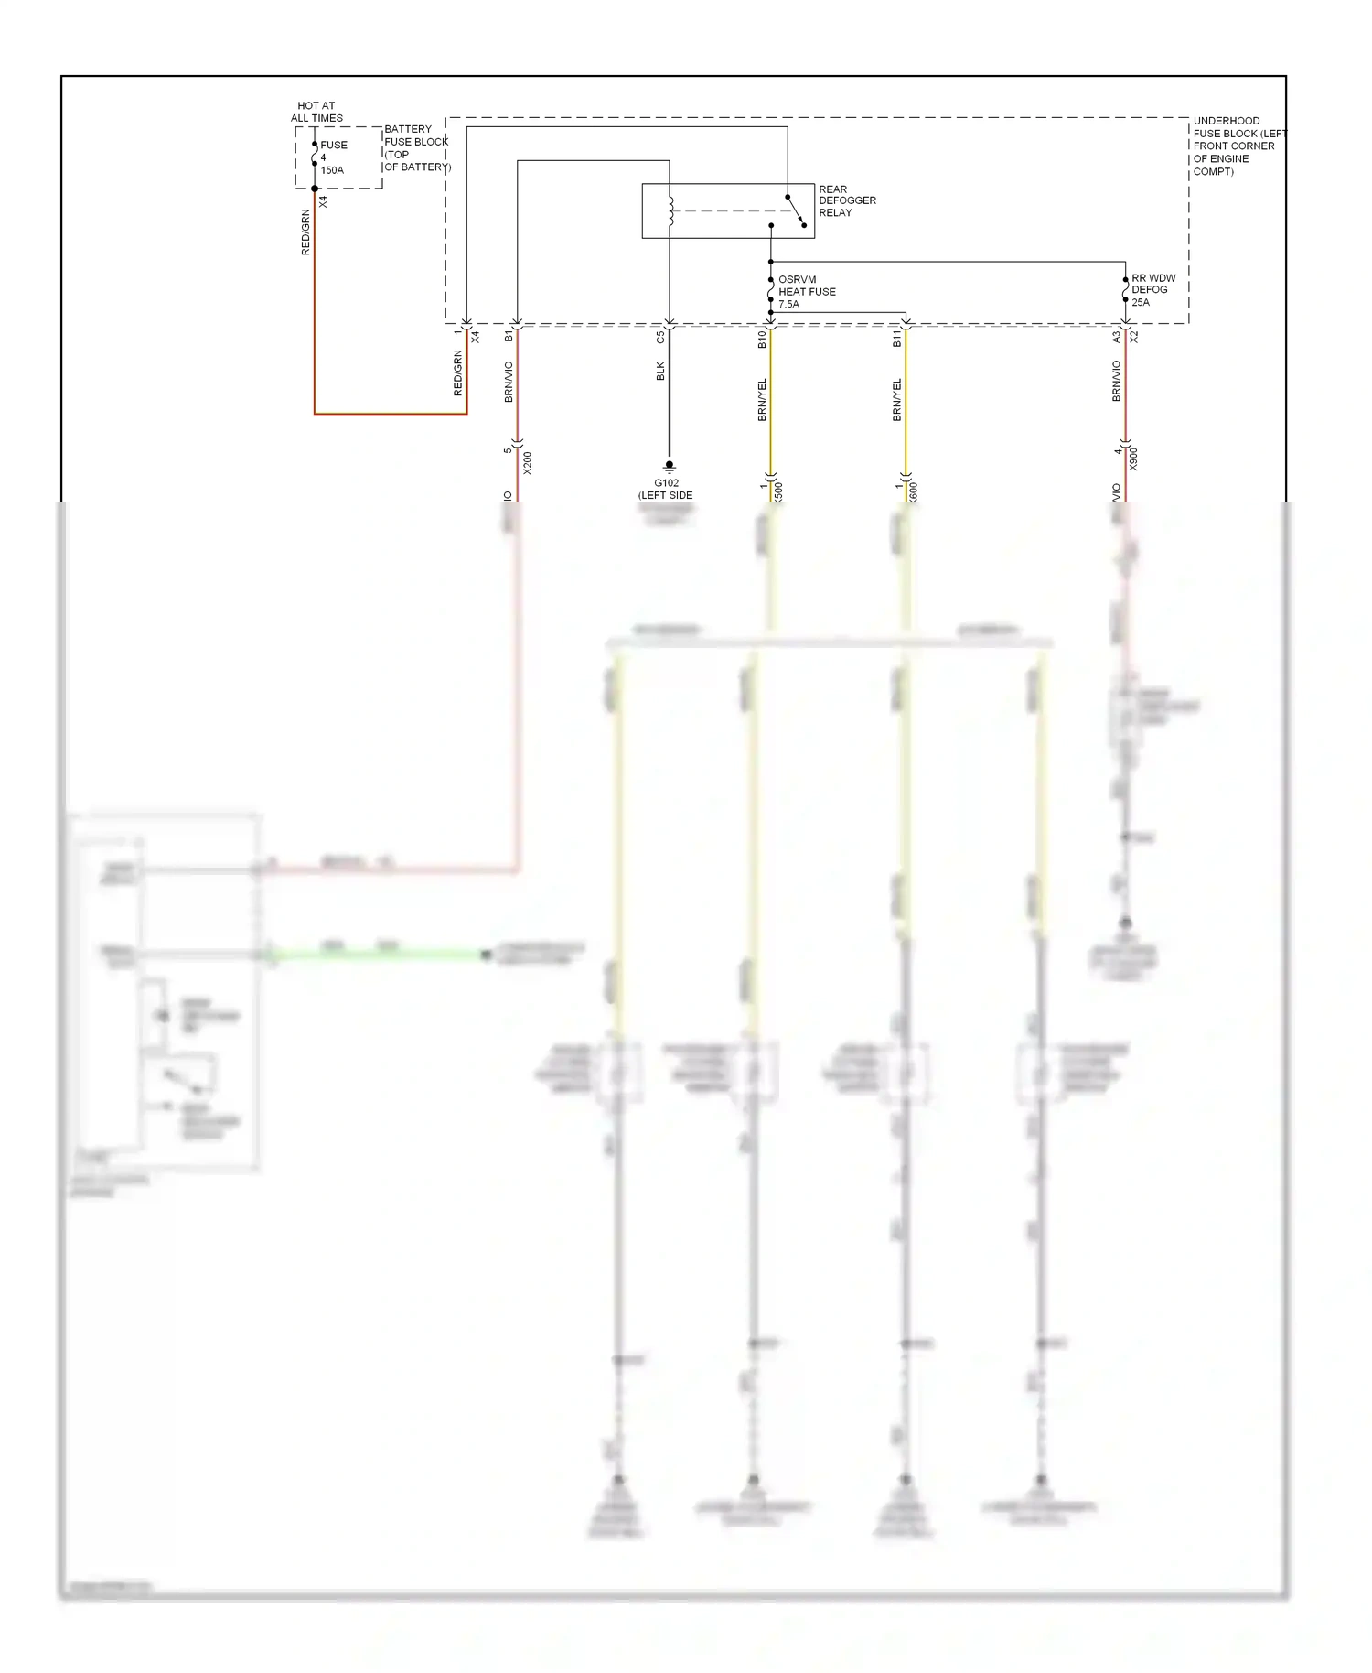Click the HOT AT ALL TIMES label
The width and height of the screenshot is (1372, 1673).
pyautogui.click(x=316, y=112)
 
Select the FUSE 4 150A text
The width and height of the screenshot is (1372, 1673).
pyautogui.click(x=331, y=157)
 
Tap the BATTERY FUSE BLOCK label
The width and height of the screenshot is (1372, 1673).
pyautogui.click(x=416, y=147)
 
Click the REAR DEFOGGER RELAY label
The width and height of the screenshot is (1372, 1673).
pyautogui.click(x=847, y=200)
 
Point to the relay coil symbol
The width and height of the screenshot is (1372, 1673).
pyautogui.click(x=670, y=211)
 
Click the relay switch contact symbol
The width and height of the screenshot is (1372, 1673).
pyautogui.click(x=796, y=210)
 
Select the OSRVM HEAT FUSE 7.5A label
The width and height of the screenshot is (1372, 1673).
pyautogui.click(x=806, y=292)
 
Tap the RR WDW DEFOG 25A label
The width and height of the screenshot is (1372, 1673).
pyautogui.click(x=1152, y=290)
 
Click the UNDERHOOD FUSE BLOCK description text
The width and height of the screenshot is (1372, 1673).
pyautogui.click(x=1237, y=146)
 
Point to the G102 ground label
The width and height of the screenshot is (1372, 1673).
pyautogui.click(x=666, y=489)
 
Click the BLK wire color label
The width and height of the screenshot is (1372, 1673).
pyautogui.click(x=660, y=371)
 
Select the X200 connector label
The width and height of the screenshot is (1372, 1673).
pyautogui.click(x=528, y=463)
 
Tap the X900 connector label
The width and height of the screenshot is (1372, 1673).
pyautogui.click(x=1133, y=459)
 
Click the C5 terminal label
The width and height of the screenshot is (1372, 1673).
pyautogui.click(x=660, y=337)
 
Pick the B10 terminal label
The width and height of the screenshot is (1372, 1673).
pyautogui.click(x=762, y=340)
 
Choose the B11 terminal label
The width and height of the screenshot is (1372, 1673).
pyautogui.click(x=896, y=340)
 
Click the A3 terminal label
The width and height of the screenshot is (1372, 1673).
pyautogui.click(x=1116, y=337)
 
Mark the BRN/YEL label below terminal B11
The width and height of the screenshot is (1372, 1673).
pyautogui.click(x=896, y=399)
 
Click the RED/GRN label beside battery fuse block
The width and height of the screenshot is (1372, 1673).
pyautogui.click(x=305, y=232)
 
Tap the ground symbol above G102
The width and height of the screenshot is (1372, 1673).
pyautogui.click(x=669, y=467)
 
